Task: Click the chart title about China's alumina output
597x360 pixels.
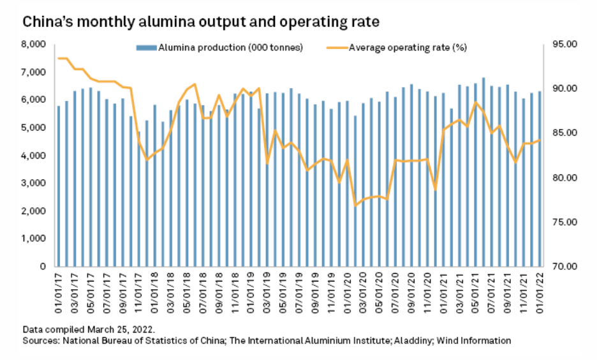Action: pyautogui.click(x=201, y=22)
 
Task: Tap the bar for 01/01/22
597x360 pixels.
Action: pyautogui.click(x=540, y=179)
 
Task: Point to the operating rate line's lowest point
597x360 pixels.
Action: pyautogui.click(x=355, y=206)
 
